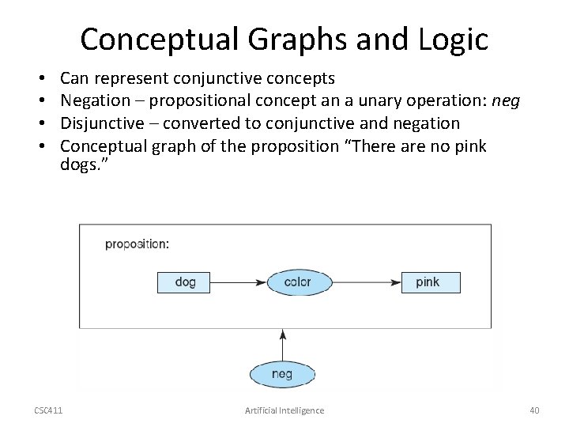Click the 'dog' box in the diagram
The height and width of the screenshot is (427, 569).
pyautogui.click(x=185, y=282)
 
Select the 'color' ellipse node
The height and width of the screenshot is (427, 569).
pyautogui.click(x=299, y=282)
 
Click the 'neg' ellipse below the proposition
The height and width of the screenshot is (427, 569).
pyautogui.click(x=282, y=374)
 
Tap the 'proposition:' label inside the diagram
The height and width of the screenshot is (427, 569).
pyautogui.click(x=137, y=244)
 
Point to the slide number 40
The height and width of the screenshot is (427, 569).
pyautogui.click(x=534, y=410)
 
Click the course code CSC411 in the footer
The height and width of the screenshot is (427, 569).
pyautogui.click(x=49, y=410)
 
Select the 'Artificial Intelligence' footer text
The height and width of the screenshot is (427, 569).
pyautogui.click(x=284, y=410)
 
